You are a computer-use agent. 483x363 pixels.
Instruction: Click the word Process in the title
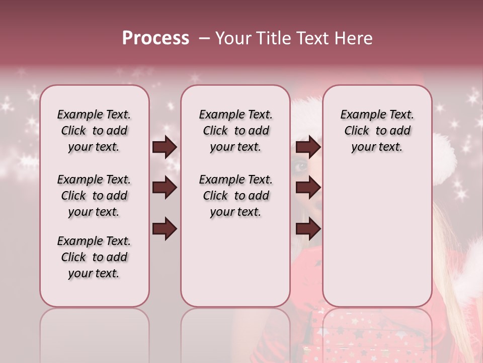point(155,38)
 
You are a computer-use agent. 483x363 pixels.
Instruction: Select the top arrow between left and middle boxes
point(165,147)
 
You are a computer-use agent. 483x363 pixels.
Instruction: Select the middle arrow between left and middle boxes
point(165,188)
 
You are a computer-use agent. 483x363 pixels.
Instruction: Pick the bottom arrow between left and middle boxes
point(165,229)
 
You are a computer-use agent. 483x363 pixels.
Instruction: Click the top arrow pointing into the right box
point(308,147)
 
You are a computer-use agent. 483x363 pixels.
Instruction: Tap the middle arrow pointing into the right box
point(308,188)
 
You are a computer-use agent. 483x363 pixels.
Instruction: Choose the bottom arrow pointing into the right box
point(308,229)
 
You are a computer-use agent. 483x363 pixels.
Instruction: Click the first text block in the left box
point(94,131)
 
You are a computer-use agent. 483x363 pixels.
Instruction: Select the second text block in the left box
point(94,196)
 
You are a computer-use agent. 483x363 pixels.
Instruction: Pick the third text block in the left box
point(94,257)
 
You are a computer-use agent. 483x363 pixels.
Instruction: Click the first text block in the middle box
point(235,131)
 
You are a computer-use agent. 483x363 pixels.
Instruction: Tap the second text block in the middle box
point(235,196)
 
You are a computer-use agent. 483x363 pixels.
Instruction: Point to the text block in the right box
point(377,131)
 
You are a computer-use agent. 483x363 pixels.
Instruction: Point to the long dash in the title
point(204,38)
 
